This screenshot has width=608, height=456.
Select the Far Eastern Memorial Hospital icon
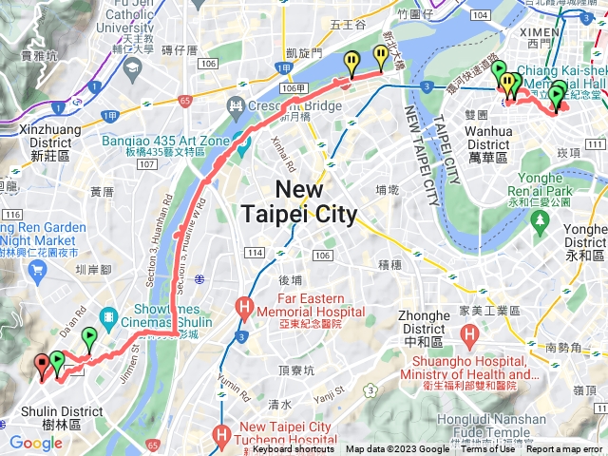pos(244,307)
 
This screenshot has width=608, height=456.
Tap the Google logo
pos(35,443)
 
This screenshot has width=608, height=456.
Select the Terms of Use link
pos(487,449)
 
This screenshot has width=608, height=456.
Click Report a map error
pos(566,449)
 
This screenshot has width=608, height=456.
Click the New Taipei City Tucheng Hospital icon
pos(223,436)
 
